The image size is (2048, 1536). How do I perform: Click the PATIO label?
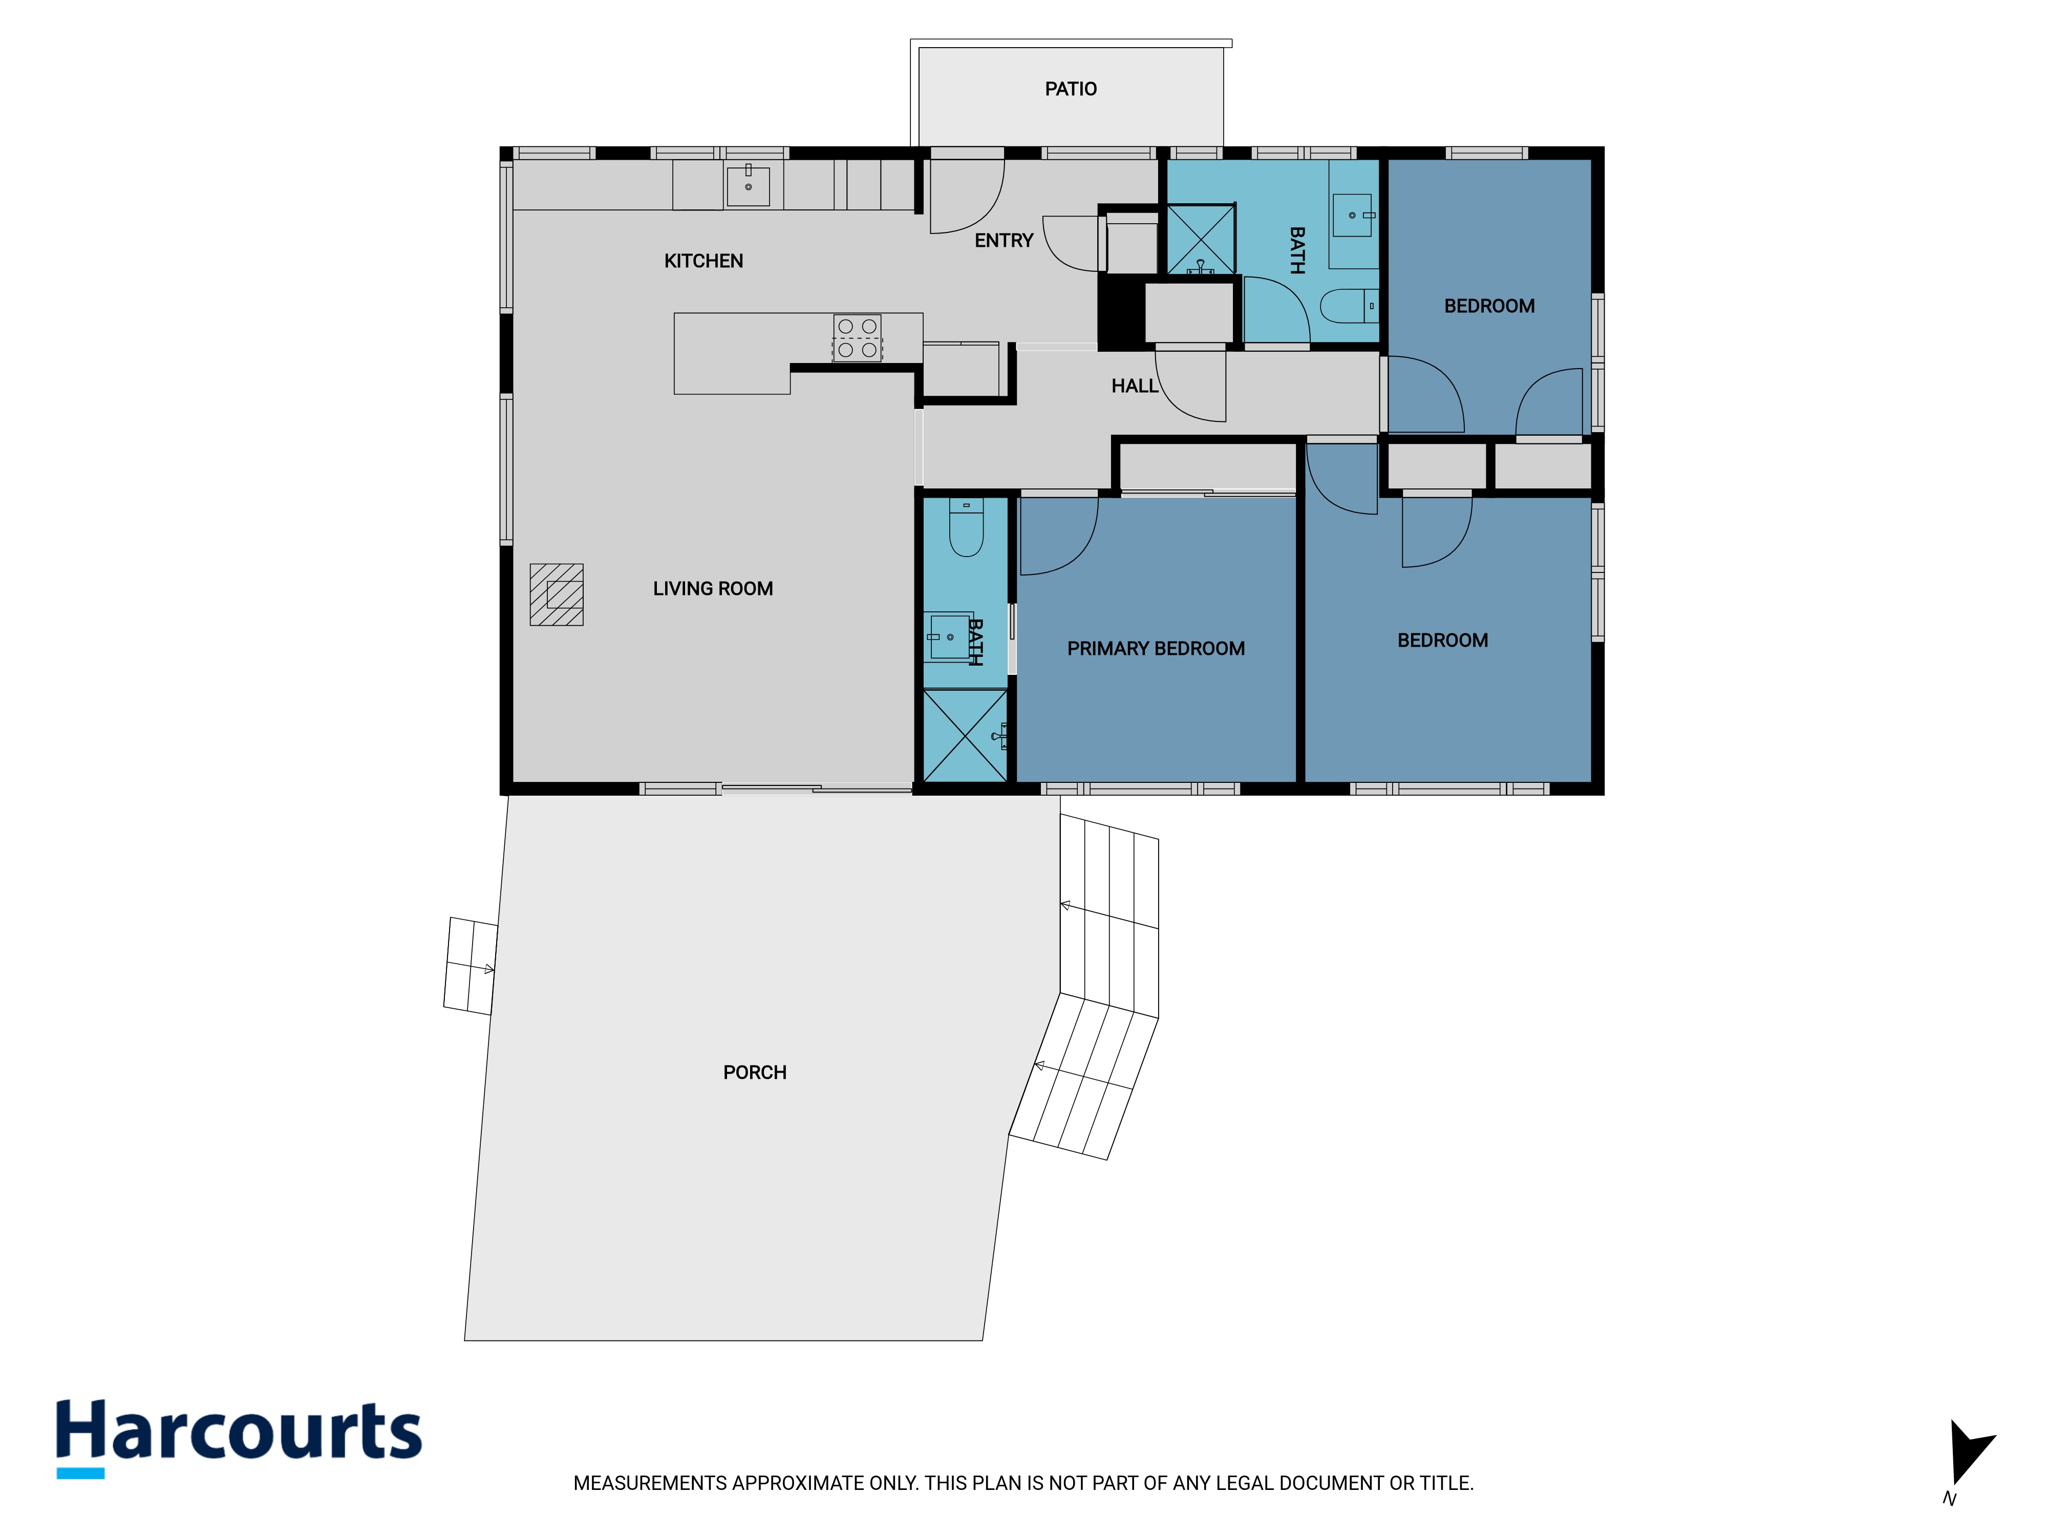1070,89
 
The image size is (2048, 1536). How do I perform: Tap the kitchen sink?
748,185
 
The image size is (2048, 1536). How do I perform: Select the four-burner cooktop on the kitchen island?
858,338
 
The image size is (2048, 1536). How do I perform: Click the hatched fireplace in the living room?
557,594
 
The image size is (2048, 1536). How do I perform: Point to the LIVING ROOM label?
713,589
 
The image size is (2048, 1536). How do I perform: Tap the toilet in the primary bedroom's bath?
966,528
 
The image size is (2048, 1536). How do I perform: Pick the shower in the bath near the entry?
1201,239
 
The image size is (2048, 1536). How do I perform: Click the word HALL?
1134,386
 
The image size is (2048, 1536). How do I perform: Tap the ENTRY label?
1004,241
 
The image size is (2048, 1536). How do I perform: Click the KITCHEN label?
703,261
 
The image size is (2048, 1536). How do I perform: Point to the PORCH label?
755,1072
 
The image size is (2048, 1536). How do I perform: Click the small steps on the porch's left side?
471,966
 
